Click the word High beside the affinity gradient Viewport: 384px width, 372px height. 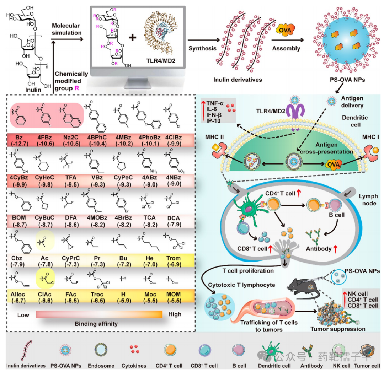pyautogui.click(x=175, y=314)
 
